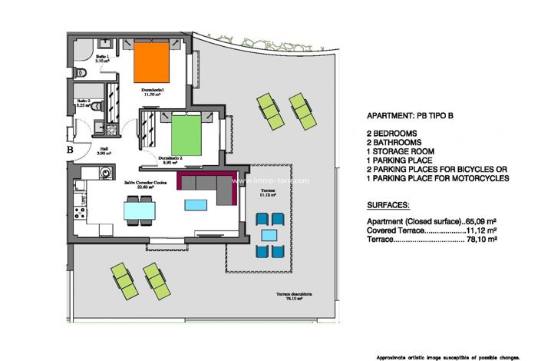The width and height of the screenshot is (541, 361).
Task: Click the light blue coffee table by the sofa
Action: coord(195,205)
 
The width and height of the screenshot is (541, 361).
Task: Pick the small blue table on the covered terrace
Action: coord(269,235)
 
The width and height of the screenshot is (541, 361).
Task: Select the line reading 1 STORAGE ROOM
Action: coord(402,152)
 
